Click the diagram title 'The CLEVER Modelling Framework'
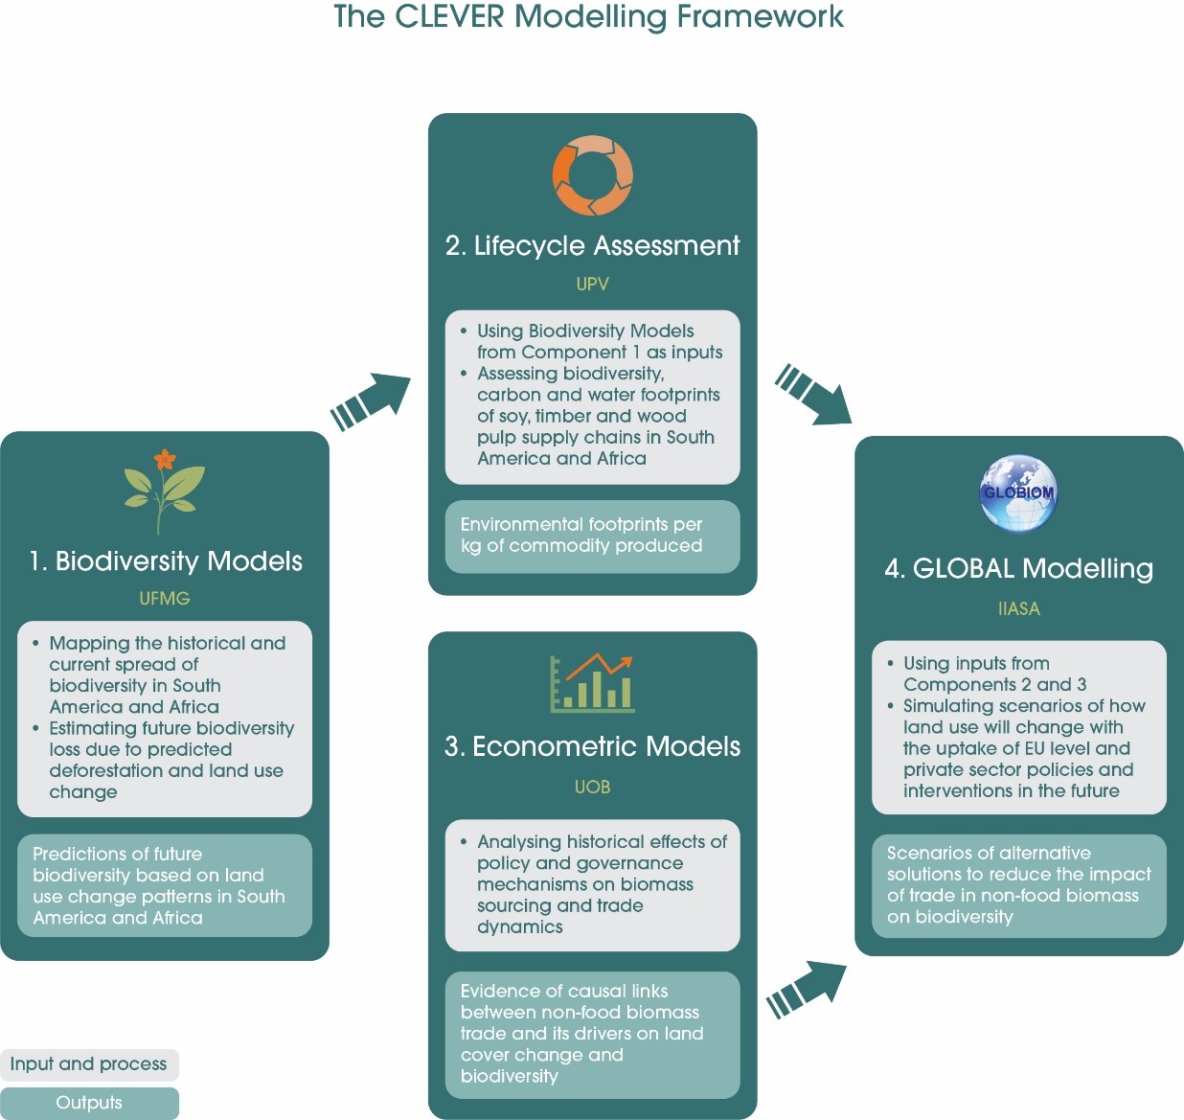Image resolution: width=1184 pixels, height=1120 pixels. tap(588, 17)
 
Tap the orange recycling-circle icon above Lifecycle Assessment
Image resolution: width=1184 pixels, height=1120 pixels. tap(592, 175)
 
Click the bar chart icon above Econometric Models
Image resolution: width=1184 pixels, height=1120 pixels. tap(592, 683)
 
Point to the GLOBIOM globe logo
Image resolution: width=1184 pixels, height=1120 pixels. tap(1018, 493)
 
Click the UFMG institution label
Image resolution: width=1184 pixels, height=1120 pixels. tap(165, 598)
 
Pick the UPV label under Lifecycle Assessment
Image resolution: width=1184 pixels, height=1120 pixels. tap(592, 284)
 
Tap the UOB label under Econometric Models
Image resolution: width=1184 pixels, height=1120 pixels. tap(592, 787)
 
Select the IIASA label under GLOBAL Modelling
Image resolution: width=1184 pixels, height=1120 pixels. tap(1018, 608)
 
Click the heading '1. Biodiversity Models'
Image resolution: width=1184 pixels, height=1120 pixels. tap(166, 561)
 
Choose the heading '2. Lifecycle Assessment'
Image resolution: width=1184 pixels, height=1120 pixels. tap(592, 246)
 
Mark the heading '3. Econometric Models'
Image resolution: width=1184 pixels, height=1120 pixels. tap(592, 747)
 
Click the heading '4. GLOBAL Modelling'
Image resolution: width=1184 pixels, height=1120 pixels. tap(1018, 569)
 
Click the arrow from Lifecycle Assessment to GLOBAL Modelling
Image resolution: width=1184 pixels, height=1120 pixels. tap(813, 394)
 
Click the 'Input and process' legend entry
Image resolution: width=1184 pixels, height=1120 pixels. tap(89, 1064)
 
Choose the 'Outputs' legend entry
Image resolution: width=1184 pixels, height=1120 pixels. tap(89, 1103)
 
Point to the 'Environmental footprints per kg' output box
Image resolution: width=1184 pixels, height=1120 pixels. tap(592, 537)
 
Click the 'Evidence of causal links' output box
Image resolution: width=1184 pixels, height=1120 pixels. tap(592, 1034)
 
